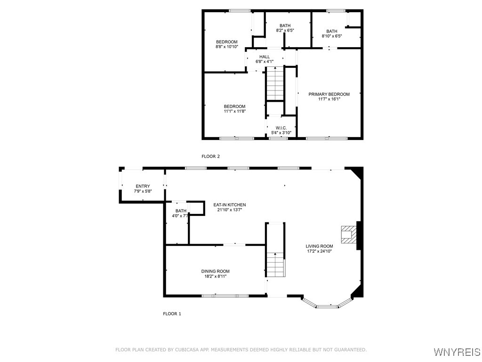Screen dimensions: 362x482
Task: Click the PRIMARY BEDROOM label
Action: click(329, 94)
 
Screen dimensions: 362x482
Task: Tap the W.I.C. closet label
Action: click(281, 128)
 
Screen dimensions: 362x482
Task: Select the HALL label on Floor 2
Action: click(265, 57)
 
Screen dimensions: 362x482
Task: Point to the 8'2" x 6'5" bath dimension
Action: click(285, 31)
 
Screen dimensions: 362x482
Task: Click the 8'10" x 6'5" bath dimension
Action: click(331, 36)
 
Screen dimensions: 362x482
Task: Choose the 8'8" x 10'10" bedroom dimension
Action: click(226, 47)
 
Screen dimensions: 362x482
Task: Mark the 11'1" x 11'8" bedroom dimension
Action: click(234, 111)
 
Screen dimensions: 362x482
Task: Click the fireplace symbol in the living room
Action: click(348, 234)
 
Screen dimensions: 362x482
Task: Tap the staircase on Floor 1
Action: click(275, 264)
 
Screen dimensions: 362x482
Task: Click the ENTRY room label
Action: click(143, 186)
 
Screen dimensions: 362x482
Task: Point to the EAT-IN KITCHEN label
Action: click(230, 205)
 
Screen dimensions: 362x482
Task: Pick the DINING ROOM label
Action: click(216, 271)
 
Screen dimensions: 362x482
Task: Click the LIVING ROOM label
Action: click(319, 246)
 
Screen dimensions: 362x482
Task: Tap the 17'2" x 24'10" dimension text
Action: click(319, 251)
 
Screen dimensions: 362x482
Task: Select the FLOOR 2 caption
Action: click(210, 156)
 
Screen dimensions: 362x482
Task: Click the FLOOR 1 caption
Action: click(172, 313)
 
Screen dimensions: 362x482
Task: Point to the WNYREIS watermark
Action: click(457, 352)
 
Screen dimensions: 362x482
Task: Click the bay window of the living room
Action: click(327, 305)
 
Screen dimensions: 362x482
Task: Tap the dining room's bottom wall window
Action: click(225, 296)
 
